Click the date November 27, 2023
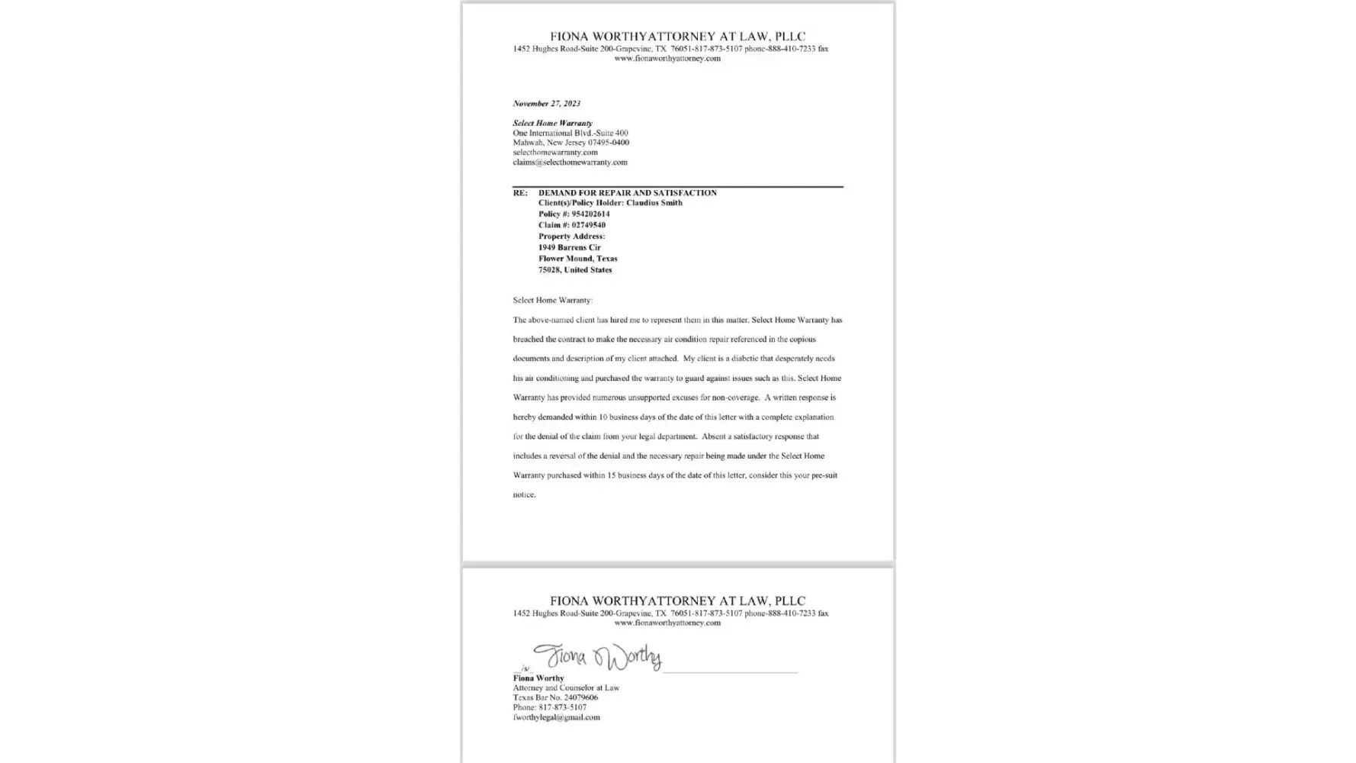click(546, 104)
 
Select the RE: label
click(519, 193)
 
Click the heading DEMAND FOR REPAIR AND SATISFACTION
click(627, 193)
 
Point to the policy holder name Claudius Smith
click(654, 203)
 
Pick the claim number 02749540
click(588, 225)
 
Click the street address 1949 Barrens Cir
click(569, 247)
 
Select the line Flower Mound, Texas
click(577, 259)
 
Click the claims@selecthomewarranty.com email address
click(570, 163)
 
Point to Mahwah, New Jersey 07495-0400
click(570, 143)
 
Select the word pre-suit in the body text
click(824, 475)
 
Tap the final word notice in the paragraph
click(524, 495)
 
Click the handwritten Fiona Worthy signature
click(597, 656)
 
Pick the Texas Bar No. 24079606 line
click(555, 697)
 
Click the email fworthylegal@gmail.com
click(556, 717)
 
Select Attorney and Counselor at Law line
click(566, 687)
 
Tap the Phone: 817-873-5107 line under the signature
click(549, 707)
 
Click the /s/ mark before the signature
click(525, 668)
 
